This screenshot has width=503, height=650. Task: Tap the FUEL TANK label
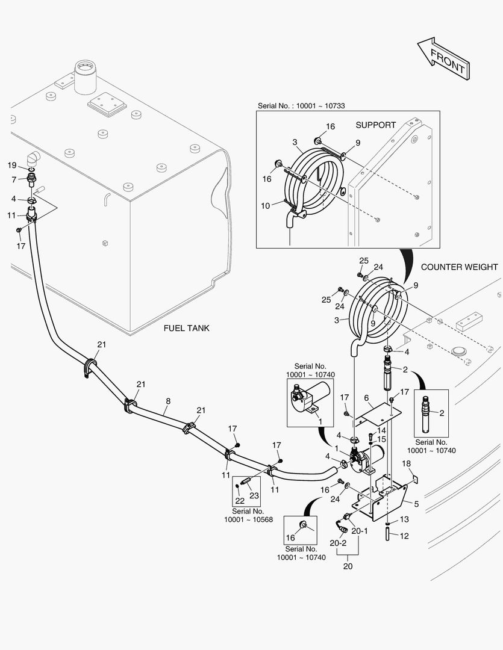pos(187,329)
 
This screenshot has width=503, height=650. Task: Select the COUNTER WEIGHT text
pos(459,267)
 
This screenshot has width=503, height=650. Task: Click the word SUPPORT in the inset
pos(375,125)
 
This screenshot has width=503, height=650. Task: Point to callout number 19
pos(11,166)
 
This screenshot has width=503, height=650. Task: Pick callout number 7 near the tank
pos(13,179)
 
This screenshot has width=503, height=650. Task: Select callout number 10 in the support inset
pos(266,206)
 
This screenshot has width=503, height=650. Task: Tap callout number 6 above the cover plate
pos(366,398)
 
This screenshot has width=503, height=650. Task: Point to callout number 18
pos(406,463)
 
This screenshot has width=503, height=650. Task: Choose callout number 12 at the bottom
pos(404,536)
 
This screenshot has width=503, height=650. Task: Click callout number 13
pos(404,519)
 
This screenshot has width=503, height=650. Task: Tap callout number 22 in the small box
pos(239,501)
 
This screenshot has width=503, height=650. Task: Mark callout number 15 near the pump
pos(381,439)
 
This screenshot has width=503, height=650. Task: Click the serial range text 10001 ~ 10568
pos(249,519)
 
